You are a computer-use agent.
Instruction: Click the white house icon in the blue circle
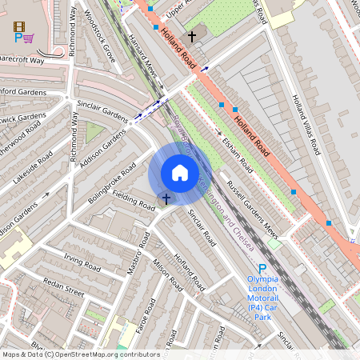click(x=180, y=173)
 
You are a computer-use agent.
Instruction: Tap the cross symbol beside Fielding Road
click(x=166, y=198)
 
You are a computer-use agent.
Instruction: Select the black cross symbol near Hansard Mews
click(x=191, y=36)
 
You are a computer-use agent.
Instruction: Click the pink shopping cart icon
click(x=29, y=37)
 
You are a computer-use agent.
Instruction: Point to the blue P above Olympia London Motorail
click(x=262, y=269)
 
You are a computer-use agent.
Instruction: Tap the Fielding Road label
click(x=133, y=200)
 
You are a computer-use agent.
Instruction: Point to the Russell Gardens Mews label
click(x=251, y=210)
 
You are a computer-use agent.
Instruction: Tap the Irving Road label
click(x=81, y=262)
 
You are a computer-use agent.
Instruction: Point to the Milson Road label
click(x=168, y=276)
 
